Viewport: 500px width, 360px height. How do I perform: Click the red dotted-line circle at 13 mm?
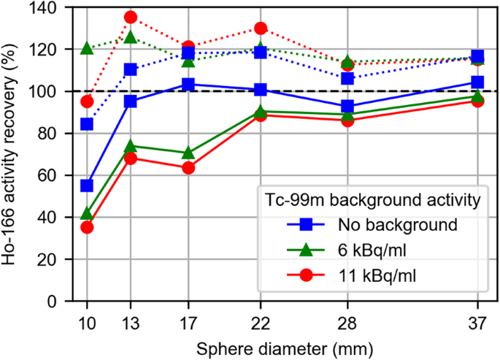131,17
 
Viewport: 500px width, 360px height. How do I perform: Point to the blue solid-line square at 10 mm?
87,185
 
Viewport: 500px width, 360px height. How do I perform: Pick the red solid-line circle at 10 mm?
87,227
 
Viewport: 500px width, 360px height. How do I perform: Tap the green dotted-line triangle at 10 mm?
87,49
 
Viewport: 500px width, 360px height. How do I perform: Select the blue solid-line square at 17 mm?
188,85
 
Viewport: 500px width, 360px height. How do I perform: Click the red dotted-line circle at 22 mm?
261,28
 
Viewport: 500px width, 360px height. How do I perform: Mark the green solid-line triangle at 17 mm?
188,153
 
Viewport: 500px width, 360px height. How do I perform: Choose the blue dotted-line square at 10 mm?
87,124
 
